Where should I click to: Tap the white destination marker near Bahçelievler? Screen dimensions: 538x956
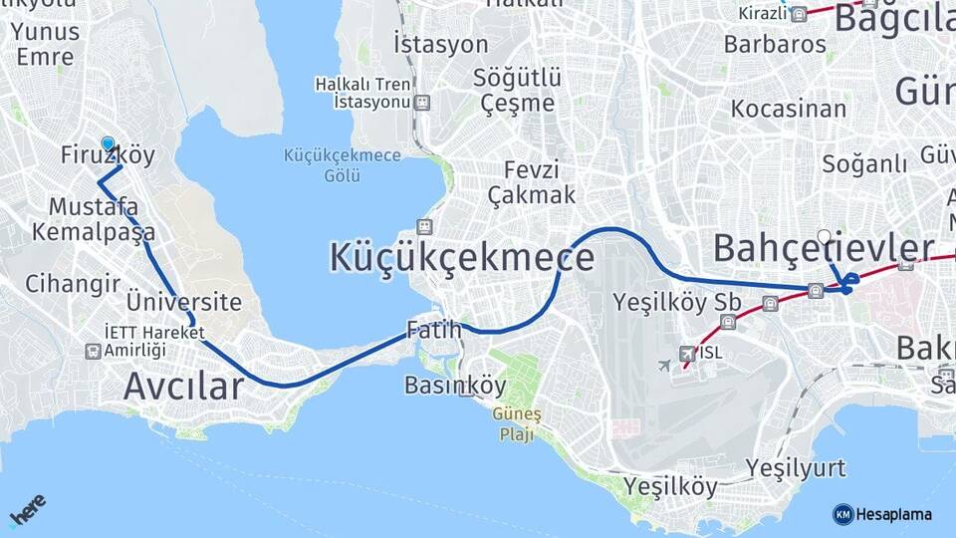click(824, 237)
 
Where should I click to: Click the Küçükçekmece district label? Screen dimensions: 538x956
click(462, 258)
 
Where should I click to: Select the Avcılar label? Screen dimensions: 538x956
click(183, 386)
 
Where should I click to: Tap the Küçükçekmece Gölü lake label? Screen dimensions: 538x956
click(342, 165)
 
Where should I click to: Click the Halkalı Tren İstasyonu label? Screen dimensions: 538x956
click(362, 94)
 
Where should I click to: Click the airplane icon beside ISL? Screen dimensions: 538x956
click(664, 365)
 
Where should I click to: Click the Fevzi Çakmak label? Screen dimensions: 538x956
click(532, 181)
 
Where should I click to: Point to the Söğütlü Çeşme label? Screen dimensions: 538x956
click(518, 90)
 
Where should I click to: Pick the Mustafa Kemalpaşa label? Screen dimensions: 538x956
click(94, 220)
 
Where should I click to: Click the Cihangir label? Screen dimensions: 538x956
click(73, 283)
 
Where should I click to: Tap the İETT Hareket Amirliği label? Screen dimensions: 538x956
click(154, 342)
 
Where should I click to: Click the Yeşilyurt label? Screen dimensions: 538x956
click(796, 468)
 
